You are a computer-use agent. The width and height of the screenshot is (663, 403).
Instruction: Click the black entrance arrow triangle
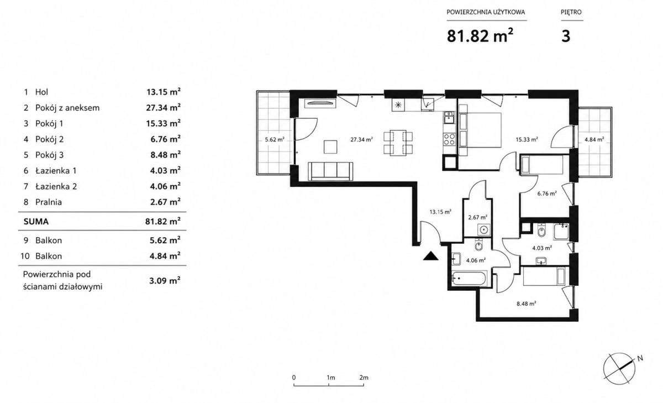click(430, 256)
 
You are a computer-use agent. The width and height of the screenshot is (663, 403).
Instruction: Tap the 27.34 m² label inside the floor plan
click(361, 139)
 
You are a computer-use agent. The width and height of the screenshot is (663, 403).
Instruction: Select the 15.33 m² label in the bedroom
click(527, 139)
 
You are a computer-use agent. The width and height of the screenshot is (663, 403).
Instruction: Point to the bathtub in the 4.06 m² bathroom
click(469, 279)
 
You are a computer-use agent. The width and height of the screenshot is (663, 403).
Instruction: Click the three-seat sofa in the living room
click(330, 171)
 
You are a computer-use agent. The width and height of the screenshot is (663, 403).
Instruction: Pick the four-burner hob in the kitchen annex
click(449, 139)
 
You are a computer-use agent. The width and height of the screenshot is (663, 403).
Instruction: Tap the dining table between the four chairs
click(398, 143)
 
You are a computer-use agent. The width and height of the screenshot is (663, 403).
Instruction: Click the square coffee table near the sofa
click(330, 147)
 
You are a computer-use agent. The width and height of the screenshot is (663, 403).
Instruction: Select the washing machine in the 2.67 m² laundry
click(484, 230)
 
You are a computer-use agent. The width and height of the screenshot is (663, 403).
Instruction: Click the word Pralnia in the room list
click(49, 202)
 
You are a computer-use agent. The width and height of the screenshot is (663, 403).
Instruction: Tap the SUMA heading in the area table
click(36, 222)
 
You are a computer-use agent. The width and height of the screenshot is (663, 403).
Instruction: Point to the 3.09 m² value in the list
click(165, 280)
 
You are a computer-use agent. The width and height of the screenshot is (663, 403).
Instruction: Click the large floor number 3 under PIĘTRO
click(566, 36)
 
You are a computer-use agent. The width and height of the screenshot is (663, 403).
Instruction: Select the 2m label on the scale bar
click(364, 378)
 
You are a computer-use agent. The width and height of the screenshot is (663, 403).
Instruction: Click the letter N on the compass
click(640, 358)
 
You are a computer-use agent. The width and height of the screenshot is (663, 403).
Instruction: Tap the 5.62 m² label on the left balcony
click(275, 139)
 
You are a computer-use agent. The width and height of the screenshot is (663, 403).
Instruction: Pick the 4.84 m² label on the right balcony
click(594, 139)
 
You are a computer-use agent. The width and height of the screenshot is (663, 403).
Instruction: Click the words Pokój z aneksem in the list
click(67, 108)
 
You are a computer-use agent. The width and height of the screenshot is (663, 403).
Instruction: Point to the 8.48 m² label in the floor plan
click(527, 304)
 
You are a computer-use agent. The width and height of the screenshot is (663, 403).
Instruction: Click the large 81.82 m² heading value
click(480, 36)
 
